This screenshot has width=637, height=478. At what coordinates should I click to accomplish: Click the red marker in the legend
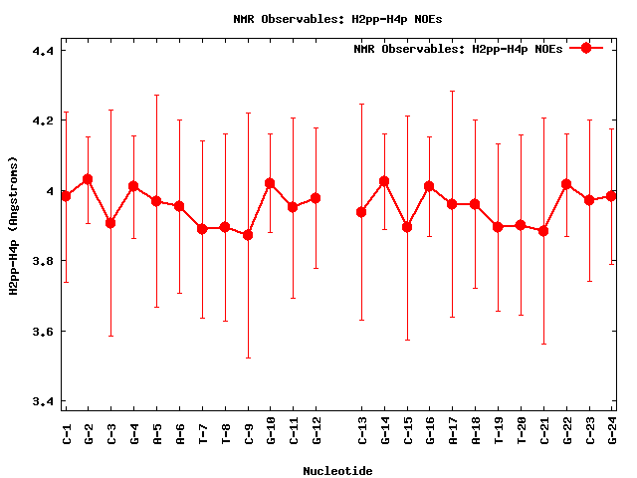[586, 48]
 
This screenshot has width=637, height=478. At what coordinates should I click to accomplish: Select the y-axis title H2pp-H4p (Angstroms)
[14, 226]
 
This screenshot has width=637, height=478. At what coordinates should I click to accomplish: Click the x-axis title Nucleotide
[338, 471]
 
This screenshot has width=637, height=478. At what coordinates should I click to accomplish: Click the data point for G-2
[88, 179]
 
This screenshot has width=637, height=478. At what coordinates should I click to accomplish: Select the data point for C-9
[248, 235]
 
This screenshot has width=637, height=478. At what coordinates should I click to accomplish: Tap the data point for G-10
[270, 183]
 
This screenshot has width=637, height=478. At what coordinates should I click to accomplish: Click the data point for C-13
[361, 212]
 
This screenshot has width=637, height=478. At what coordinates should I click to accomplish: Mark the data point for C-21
[543, 231]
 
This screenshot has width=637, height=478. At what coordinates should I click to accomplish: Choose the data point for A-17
[452, 204]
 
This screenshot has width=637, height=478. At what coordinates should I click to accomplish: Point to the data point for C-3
[110, 223]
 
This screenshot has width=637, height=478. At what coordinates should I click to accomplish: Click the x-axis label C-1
[67, 432]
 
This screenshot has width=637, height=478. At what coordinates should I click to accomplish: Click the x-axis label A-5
[157, 432]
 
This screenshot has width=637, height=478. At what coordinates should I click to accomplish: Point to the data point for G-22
[566, 184]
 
